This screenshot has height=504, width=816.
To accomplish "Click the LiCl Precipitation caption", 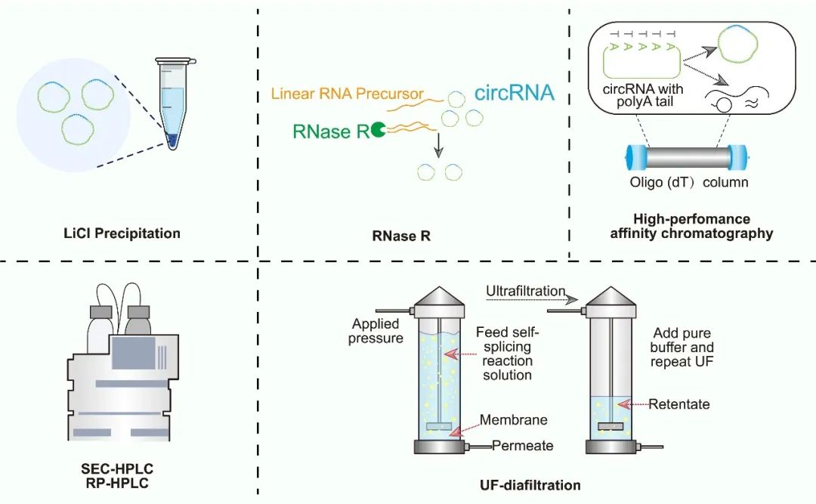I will (122, 233).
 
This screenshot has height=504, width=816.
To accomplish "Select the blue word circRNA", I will (515, 93).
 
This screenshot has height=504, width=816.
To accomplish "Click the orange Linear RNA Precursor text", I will (347, 94).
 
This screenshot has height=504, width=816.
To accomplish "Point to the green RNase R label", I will (331, 132).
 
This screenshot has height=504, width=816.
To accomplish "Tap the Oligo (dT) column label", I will (688, 183).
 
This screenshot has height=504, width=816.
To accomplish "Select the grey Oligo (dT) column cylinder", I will (687, 157).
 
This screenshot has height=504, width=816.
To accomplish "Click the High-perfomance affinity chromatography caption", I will (691, 226).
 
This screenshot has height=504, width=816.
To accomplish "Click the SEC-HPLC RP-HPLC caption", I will (116, 469).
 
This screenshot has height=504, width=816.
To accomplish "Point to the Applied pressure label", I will (377, 330).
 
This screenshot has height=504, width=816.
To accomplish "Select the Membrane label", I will (518, 419).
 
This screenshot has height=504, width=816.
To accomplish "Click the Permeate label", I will (523, 446).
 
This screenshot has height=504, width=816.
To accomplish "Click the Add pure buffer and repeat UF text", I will (682, 348).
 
